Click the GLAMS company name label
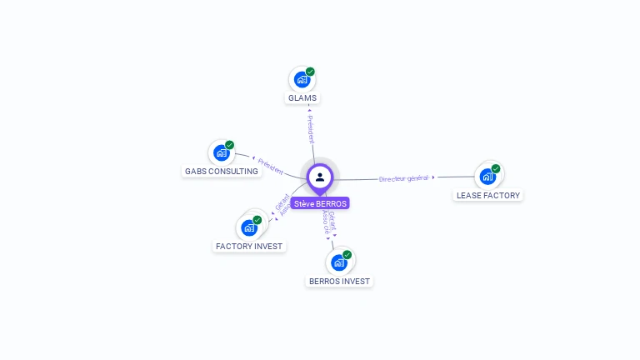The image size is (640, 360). click(x=302, y=98)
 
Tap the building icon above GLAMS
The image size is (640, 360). click(x=302, y=80)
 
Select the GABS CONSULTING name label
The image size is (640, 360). click(x=221, y=171)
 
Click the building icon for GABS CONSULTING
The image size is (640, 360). click(x=221, y=152)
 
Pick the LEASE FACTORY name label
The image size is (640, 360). click(x=488, y=195)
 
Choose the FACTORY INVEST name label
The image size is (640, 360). click(x=249, y=246)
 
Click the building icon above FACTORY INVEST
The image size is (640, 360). click(x=248, y=227)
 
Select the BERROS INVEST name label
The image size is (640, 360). click(x=339, y=281)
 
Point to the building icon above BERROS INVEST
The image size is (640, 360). click(x=338, y=262)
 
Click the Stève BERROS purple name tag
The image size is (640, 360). click(x=321, y=203)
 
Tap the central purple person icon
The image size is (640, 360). click(x=320, y=177)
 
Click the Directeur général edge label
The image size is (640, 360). click(x=403, y=178)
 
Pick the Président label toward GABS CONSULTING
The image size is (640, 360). click(x=271, y=165)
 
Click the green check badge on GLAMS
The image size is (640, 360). click(x=310, y=72)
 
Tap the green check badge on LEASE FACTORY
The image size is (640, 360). click(x=496, y=168)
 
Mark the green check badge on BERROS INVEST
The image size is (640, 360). click(x=347, y=254)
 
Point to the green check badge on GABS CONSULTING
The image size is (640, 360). click(x=229, y=145)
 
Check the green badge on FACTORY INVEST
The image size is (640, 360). click(x=257, y=219)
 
